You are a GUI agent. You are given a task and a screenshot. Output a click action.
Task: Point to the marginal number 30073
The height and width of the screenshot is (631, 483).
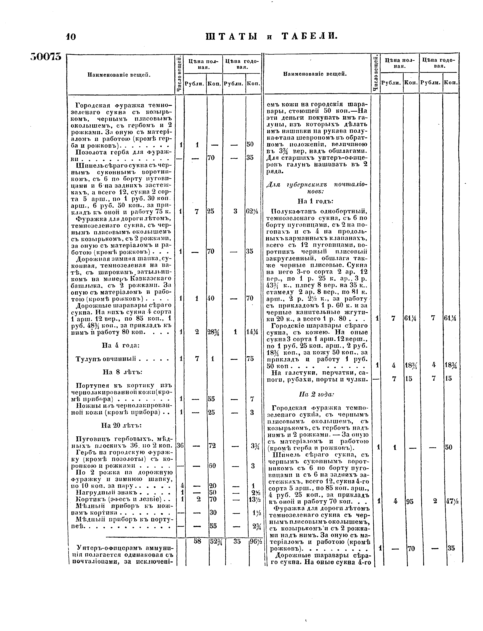[46, 56]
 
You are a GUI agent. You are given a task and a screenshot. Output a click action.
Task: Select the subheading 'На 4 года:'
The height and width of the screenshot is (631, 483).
[121, 345]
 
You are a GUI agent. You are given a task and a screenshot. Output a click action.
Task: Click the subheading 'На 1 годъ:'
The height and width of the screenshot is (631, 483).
[315, 201]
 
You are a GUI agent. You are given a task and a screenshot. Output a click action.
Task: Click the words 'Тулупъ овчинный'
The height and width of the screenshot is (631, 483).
[105, 359]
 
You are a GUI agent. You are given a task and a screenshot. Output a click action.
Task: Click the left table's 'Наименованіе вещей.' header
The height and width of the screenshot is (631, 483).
[119, 75]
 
